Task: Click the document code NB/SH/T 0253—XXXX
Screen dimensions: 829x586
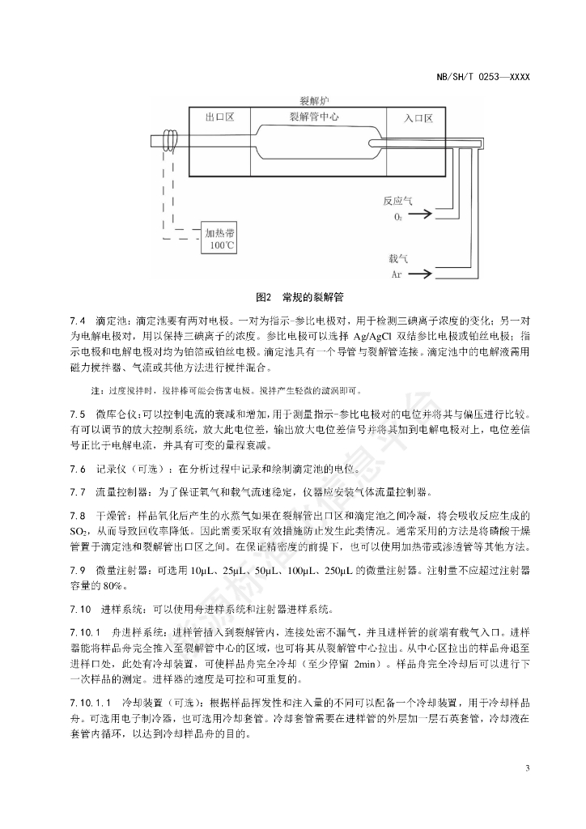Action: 482,77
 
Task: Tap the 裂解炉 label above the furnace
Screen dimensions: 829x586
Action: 314,100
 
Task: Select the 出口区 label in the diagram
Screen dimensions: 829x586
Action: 219,117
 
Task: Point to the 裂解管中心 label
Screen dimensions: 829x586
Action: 313,117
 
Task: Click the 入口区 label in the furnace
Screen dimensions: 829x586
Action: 418,118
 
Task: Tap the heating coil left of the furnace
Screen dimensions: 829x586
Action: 170,141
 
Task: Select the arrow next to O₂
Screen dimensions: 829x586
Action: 419,216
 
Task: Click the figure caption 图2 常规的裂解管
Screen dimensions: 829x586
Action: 292,298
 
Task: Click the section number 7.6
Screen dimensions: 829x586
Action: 79,470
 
